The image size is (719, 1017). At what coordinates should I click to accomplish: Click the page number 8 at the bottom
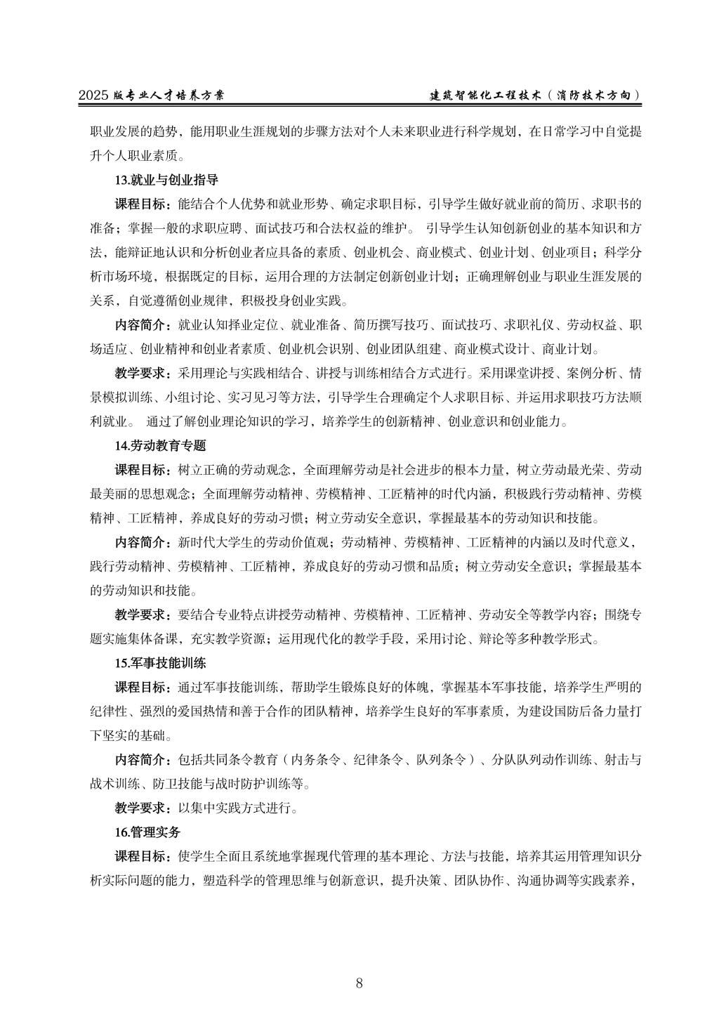(x=359, y=983)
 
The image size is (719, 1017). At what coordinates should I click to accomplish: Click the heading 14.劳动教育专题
(x=160, y=445)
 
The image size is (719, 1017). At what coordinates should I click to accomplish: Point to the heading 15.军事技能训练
(x=160, y=662)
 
